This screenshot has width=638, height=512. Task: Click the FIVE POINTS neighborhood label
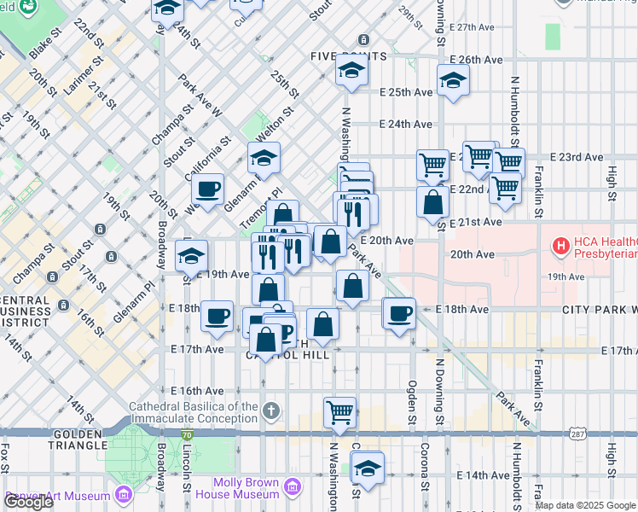point(348,56)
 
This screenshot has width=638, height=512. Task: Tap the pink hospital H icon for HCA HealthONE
point(561,247)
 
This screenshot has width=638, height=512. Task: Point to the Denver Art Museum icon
point(125,495)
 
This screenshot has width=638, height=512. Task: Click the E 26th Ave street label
point(477,60)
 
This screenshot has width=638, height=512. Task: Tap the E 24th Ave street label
point(406,124)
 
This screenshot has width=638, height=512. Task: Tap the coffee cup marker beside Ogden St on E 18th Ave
point(398,312)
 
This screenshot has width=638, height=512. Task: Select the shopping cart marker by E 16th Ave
point(340,412)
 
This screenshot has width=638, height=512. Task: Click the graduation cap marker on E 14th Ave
point(368,468)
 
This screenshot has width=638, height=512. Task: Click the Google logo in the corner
point(29,502)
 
